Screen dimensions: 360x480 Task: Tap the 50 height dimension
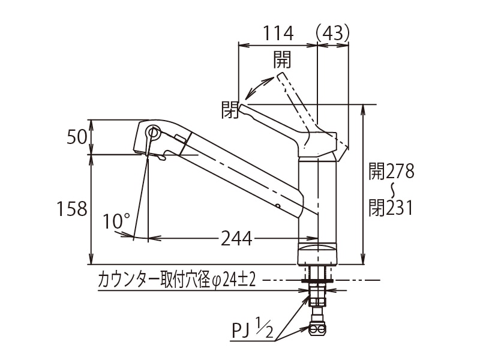(77, 137)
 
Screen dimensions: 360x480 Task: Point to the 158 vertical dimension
(72, 209)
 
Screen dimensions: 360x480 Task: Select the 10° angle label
(116, 221)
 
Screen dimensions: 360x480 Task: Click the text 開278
(391, 172)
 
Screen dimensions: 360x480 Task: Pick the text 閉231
(391, 208)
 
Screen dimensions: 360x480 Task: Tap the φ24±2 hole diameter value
(233, 280)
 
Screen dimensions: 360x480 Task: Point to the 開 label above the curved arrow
(282, 59)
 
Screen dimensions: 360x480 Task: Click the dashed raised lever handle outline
(294, 96)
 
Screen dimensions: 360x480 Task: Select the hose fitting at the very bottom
(317, 328)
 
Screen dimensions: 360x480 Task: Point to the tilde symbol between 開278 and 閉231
(391, 190)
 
